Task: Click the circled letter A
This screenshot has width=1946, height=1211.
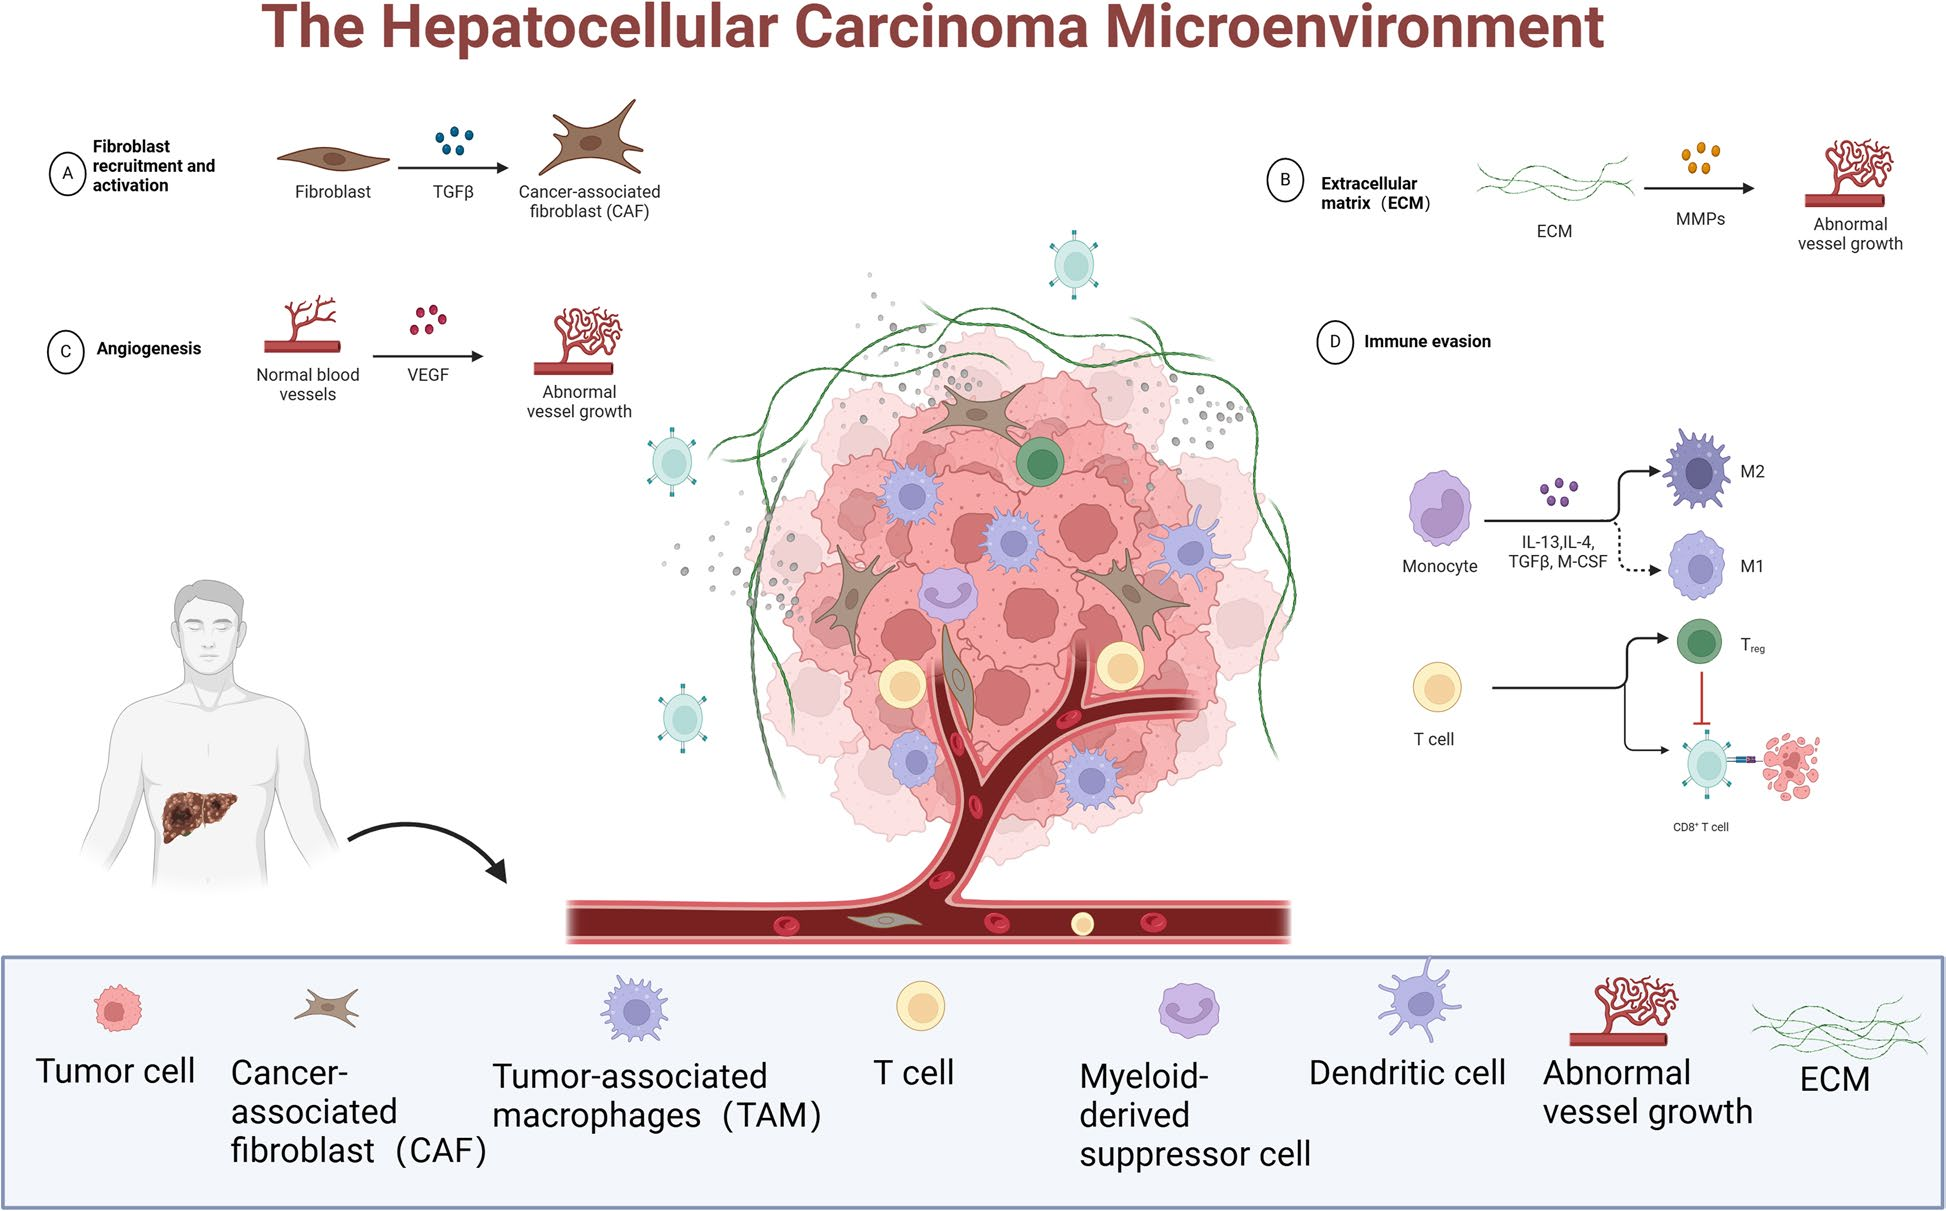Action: coord(67,173)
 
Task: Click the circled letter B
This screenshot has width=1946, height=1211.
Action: coord(1285,181)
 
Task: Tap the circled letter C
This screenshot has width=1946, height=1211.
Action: coord(66,352)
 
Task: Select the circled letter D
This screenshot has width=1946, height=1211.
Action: coord(1334,342)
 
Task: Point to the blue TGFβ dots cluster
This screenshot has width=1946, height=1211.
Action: coord(454,140)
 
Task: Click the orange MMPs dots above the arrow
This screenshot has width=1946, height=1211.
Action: coord(1700,158)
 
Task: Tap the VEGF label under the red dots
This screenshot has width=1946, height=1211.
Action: coord(428,375)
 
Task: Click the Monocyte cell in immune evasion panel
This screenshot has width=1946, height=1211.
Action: coord(1439,508)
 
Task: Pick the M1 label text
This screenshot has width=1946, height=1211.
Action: coord(1751,566)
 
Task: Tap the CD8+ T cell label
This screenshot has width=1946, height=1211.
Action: coord(1700,827)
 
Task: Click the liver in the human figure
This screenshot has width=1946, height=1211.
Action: coord(198,812)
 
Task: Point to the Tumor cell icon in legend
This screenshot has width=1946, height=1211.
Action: coord(117,1008)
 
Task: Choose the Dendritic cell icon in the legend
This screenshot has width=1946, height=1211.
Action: coord(1418,1003)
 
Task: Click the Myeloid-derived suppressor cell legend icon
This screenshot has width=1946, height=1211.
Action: coord(1187,1009)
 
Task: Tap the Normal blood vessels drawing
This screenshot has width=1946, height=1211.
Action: coord(303,325)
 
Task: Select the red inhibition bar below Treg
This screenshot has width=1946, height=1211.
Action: coord(1701,700)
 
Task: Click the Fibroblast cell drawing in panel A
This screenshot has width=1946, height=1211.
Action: coord(332,158)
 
